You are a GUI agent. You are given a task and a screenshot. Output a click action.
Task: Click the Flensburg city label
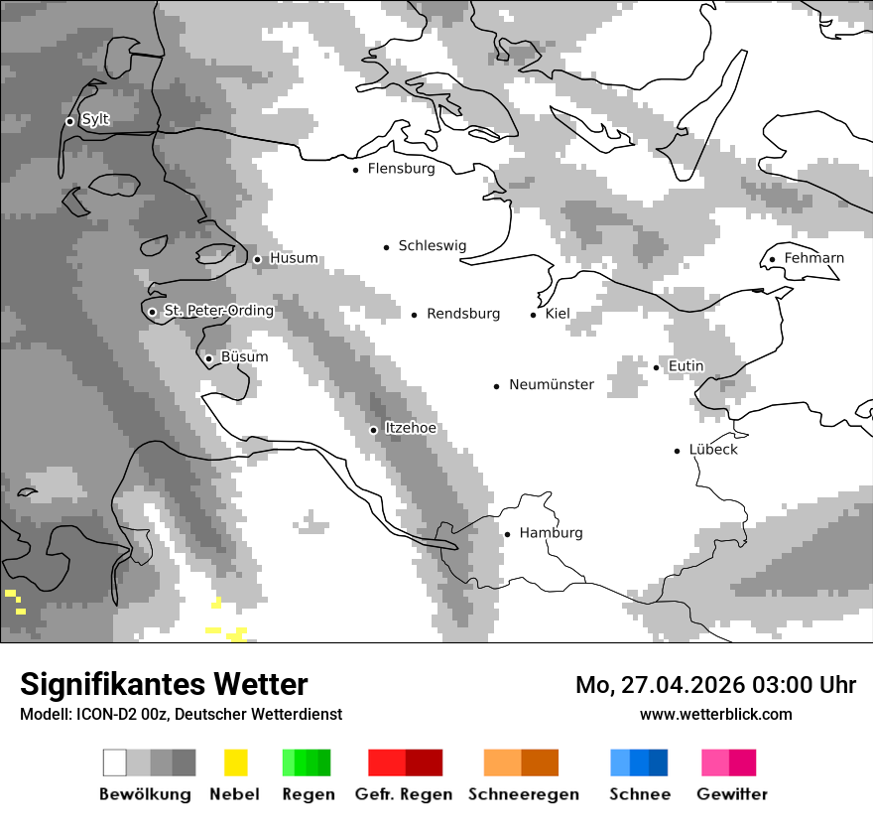point(401,169)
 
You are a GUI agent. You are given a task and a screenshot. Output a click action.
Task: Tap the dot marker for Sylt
point(69,121)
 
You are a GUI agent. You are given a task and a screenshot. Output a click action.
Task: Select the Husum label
point(294,258)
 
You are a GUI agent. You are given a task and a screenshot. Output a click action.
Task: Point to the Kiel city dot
point(533,315)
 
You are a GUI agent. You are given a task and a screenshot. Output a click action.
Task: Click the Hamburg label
point(551,533)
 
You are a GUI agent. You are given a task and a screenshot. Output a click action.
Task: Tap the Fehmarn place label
point(813,258)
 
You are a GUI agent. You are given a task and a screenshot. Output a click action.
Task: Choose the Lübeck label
point(713,450)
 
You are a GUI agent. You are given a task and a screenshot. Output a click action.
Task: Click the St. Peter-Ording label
point(218,311)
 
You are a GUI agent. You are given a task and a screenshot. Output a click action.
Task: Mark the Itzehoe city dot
point(373,430)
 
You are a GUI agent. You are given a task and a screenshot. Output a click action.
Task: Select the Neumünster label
point(551,384)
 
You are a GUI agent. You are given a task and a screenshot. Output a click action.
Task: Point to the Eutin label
point(686,366)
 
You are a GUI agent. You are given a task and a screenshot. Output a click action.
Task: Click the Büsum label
point(244,357)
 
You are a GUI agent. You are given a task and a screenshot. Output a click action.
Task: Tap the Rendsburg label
point(462,314)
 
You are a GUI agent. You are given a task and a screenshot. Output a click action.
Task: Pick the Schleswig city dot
point(387,247)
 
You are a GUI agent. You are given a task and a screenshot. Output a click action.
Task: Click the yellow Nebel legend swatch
point(235,762)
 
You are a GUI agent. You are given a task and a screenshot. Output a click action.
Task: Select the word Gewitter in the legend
point(731,794)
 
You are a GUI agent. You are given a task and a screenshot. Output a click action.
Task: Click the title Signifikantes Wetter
point(164,684)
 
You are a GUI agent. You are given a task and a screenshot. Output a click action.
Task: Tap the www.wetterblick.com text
point(715,714)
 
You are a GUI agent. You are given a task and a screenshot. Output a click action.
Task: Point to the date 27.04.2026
point(674,685)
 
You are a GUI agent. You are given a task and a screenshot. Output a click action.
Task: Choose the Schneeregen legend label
point(523,794)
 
